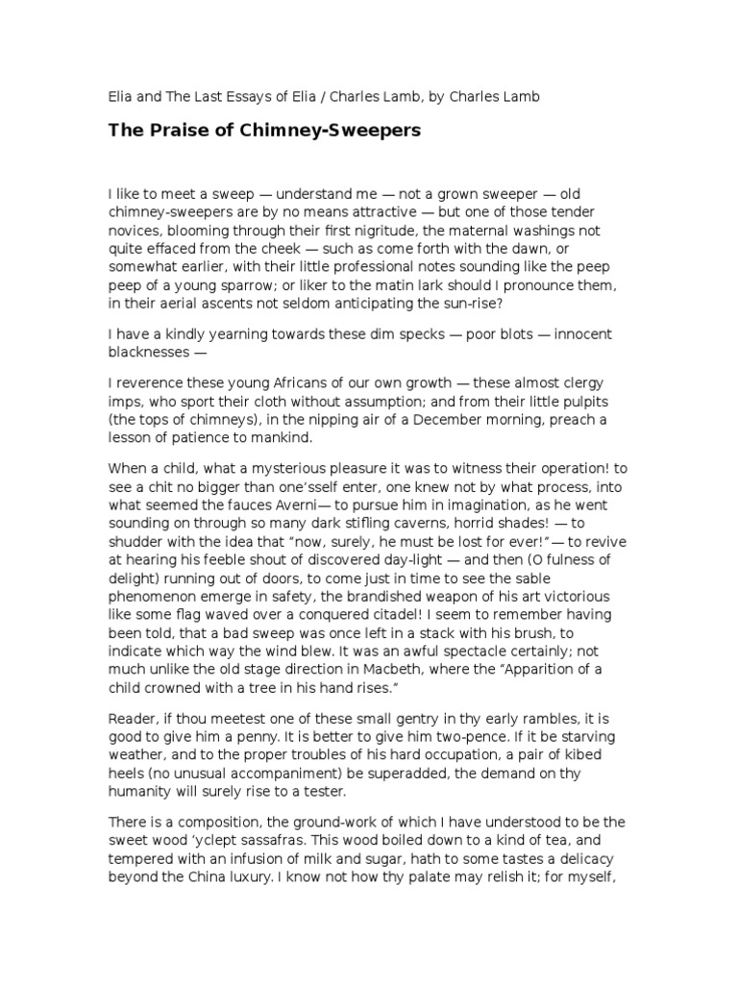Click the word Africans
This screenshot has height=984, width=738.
coord(278,383)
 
